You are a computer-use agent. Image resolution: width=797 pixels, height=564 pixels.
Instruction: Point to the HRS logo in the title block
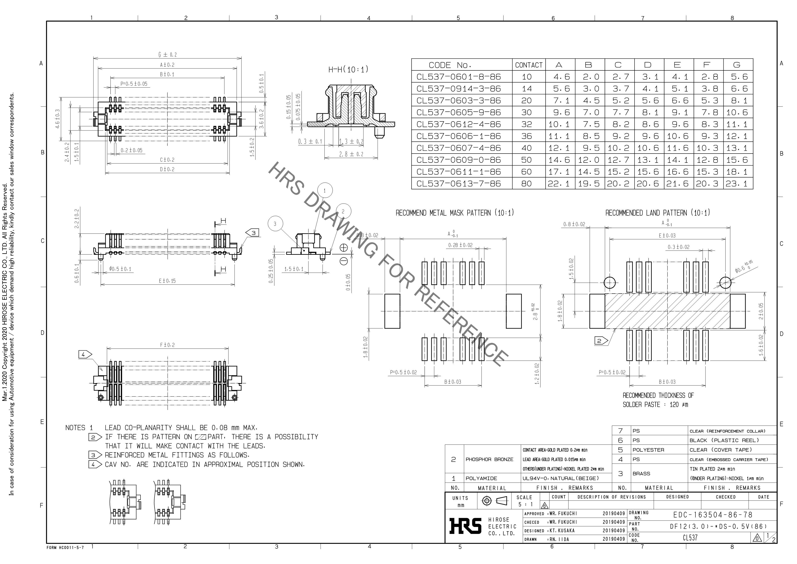tap(465, 525)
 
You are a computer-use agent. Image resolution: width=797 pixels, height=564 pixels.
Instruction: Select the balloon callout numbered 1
tap(325, 190)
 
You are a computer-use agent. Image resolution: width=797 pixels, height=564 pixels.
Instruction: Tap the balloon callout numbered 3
tap(275, 224)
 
